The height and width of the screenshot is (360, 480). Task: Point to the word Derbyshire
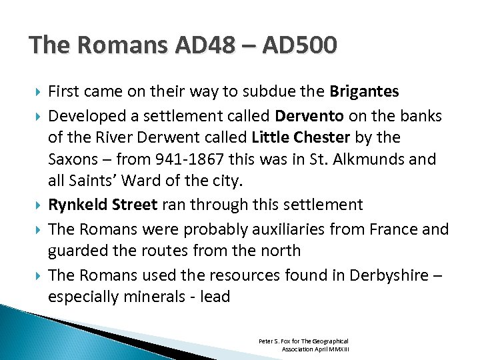coord(387,274)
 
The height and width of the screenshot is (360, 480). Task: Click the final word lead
coord(214,297)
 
